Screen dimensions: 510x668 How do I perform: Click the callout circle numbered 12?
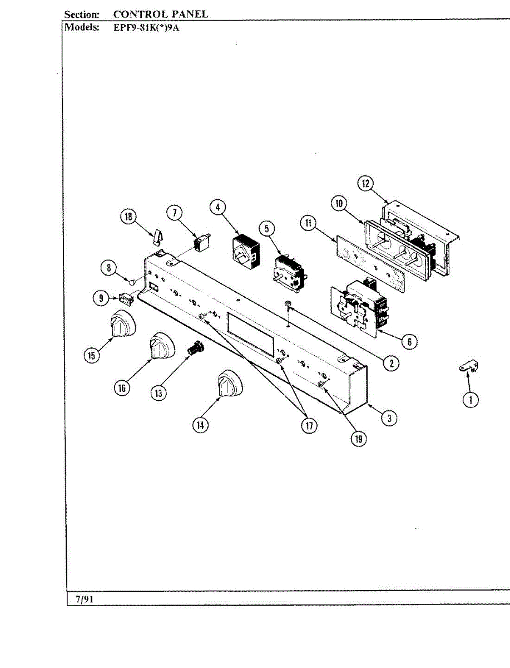tap(365, 184)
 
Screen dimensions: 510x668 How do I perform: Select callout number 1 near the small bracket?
tap(471, 399)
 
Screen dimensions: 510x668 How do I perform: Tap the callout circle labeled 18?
tap(128, 217)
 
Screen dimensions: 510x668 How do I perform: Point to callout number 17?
tap(309, 425)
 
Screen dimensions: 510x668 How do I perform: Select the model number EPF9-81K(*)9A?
tap(146, 27)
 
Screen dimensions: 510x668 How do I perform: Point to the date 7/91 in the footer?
tap(85, 599)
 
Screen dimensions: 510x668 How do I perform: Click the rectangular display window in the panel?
tap(250, 333)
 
